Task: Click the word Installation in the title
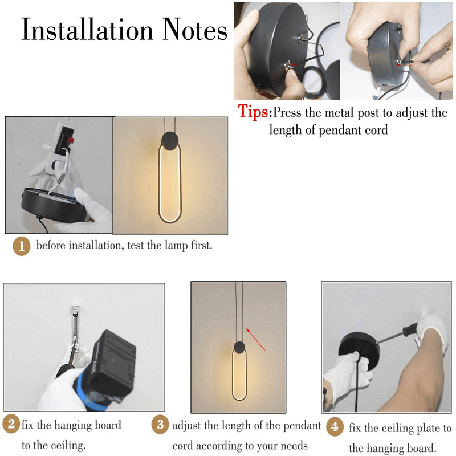coord(87,29)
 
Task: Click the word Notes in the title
coord(194,29)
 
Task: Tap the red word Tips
coord(253,112)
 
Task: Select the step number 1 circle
coord(22,246)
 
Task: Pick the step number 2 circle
coord(11,424)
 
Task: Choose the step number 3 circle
coord(160,425)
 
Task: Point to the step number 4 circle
coord(335,426)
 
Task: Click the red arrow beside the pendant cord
coord(255,339)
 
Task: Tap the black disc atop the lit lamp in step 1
coord(170,141)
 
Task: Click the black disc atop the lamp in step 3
coord(239,348)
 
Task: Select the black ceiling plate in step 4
coord(360,351)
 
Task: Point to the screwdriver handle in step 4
coord(410,329)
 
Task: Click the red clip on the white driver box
coord(71,140)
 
